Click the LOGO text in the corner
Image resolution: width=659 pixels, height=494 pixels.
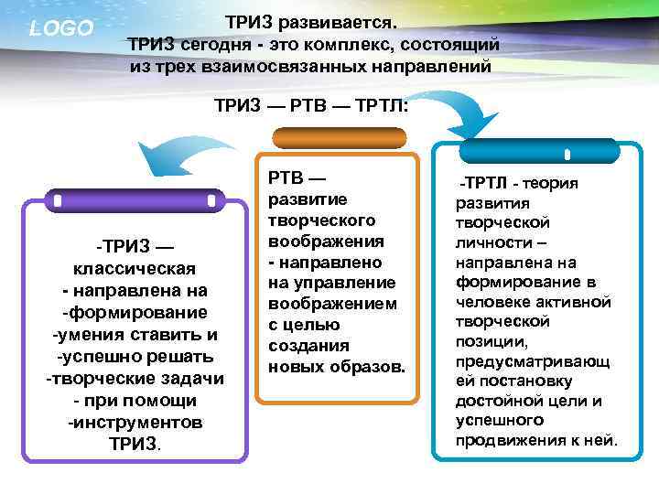(x=61, y=28)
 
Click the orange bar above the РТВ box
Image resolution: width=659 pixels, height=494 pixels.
(x=340, y=138)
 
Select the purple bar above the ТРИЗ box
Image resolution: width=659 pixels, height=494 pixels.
(x=134, y=199)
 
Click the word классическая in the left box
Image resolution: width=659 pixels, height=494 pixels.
(x=133, y=268)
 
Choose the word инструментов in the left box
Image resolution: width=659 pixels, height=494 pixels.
(x=135, y=423)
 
